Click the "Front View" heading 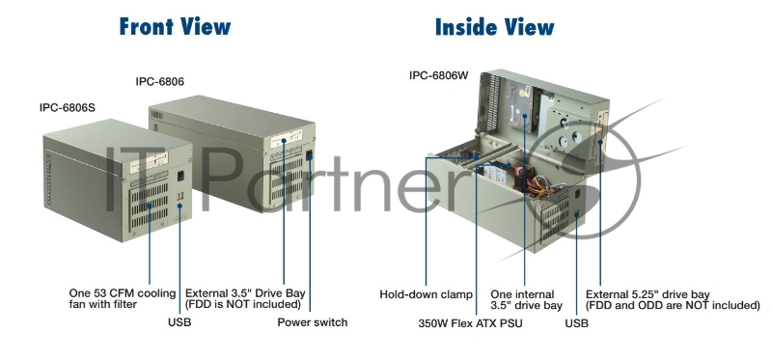pyautogui.click(x=175, y=26)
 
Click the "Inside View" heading pyautogui.click(x=495, y=26)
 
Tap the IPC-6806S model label pyautogui.click(x=67, y=107)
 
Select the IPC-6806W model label pyautogui.click(x=439, y=74)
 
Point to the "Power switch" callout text pyautogui.click(x=312, y=322)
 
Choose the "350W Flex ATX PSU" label pyautogui.click(x=470, y=323)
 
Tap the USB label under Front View pyautogui.click(x=179, y=322)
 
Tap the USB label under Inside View pyautogui.click(x=576, y=323)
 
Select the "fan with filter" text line pyautogui.click(x=102, y=305)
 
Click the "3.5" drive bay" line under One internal pyautogui.click(x=526, y=306)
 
